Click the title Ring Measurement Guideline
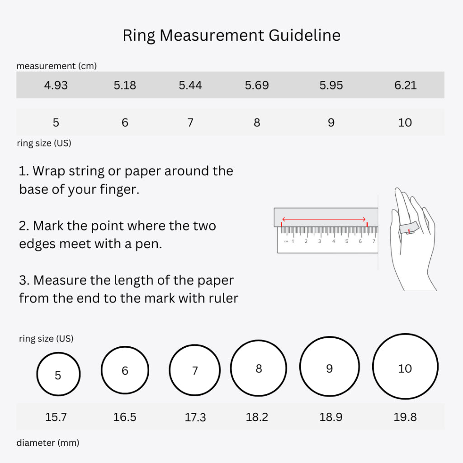point(231,35)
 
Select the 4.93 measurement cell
point(56,85)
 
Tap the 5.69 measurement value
point(257,85)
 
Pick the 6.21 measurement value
point(405,85)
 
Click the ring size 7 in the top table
point(190,123)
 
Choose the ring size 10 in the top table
point(405,123)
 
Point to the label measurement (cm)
point(57,66)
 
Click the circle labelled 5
point(58,374)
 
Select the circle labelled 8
point(259,368)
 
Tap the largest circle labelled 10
point(405,367)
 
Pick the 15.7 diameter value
point(56,417)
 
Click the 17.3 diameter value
point(195,417)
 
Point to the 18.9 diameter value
point(331,417)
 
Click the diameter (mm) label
point(48,443)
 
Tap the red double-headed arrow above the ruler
point(324,219)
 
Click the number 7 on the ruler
point(373,241)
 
